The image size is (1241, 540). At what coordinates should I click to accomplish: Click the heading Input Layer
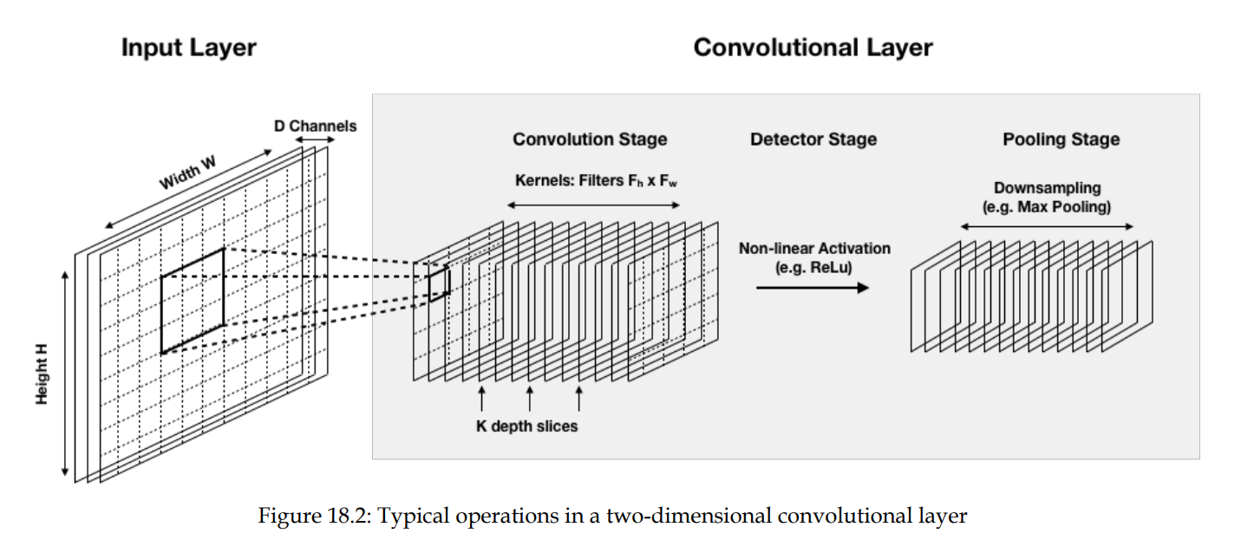[x=188, y=47]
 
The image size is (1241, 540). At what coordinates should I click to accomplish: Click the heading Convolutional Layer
[x=813, y=47]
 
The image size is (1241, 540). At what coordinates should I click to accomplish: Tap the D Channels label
[x=315, y=126]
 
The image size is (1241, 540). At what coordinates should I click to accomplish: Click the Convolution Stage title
[x=590, y=140]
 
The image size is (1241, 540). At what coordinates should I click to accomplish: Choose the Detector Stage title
[x=813, y=140]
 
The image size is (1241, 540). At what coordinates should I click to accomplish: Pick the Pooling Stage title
[x=1061, y=140]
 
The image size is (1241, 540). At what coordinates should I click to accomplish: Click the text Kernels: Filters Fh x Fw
[x=593, y=181]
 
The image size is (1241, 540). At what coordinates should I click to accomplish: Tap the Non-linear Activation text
[x=814, y=249]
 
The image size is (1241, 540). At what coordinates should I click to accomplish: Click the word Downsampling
[x=1047, y=188]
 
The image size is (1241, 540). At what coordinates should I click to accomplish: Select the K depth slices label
[x=526, y=426]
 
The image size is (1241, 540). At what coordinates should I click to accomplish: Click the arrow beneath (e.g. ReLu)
[x=812, y=287]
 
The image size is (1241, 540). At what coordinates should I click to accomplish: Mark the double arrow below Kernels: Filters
[x=593, y=205]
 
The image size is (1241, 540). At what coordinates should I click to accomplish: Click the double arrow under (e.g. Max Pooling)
[x=1047, y=227]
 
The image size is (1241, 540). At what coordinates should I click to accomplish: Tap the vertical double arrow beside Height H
[x=65, y=373]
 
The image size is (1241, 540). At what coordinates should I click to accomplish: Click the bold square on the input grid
[x=192, y=301]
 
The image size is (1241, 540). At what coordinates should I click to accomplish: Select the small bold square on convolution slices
[x=439, y=283]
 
